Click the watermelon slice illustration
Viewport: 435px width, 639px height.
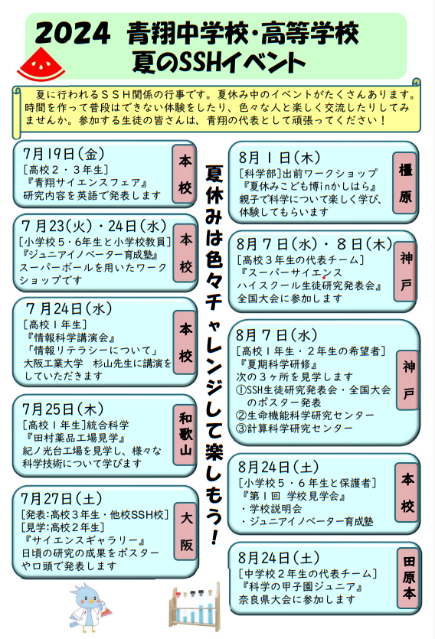click(x=41, y=65)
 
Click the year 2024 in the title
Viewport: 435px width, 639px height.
click(x=73, y=34)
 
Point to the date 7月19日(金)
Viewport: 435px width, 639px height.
click(x=64, y=154)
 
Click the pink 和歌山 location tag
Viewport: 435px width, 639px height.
click(x=185, y=435)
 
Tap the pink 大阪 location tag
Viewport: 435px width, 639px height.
click(x=186, y=532)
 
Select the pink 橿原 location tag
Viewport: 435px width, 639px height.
click(x=405, y=183)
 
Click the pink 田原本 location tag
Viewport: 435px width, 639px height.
click(x=409, y=578)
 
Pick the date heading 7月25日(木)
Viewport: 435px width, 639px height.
click(x=64, y=409)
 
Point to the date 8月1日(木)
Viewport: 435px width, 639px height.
click(x=280, y=158)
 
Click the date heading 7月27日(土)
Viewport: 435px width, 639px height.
click(x=61, y=499)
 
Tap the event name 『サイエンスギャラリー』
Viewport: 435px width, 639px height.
click(x=84, y=541)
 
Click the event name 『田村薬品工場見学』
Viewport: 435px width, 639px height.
click(x=75, y=438)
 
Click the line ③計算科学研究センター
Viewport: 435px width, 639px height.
click(x=294, y=429)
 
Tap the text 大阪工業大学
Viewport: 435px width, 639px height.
click(x=53, y=363)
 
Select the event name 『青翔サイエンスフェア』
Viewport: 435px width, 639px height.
click(x=86, y=183)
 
